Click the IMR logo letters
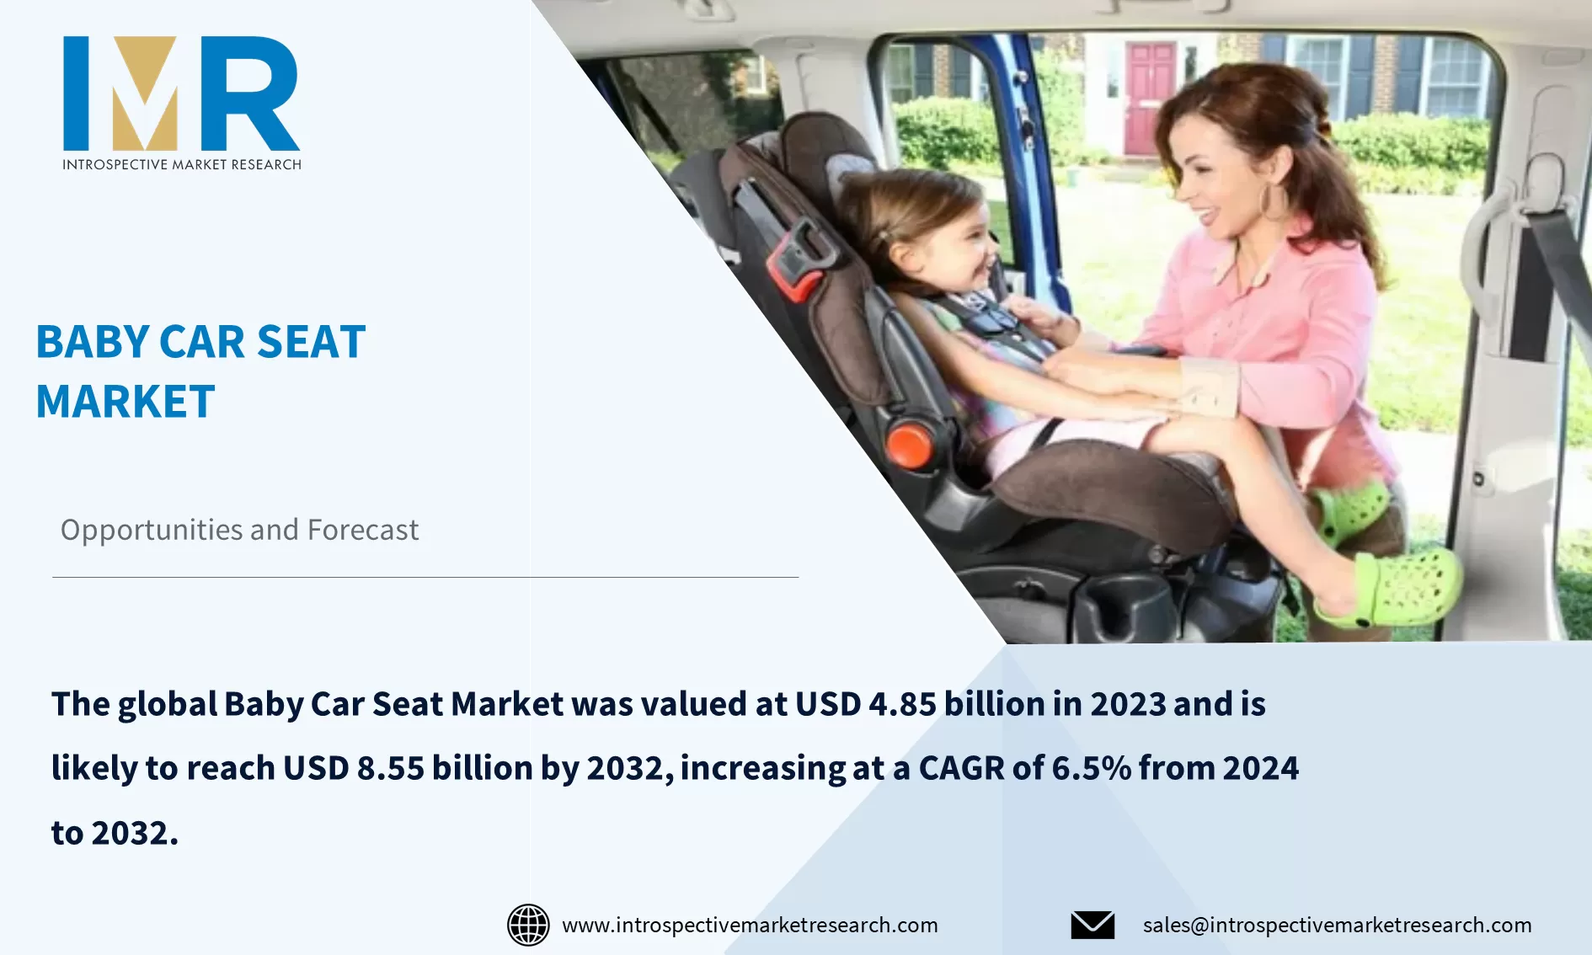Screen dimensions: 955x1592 tap(181, 93)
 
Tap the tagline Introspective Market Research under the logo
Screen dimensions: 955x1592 tap(181, 164)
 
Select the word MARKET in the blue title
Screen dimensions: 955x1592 tap(126, 402)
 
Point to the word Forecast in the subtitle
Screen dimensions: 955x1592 tap(363, 530)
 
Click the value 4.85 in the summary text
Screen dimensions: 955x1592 tap(901, 704)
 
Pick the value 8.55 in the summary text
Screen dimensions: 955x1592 tap(390, 768)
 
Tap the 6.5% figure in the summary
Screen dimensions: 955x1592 tap(1091, 768)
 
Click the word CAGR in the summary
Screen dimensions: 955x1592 tap(961, 768)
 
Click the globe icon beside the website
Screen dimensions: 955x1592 tap(528, 925)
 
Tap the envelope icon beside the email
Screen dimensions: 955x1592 tap(1092, 925)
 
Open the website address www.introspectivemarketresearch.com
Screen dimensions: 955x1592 tap(750, 925)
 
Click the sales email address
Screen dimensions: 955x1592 tap(1337, 925)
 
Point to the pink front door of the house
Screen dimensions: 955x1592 tap(1148, 98)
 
